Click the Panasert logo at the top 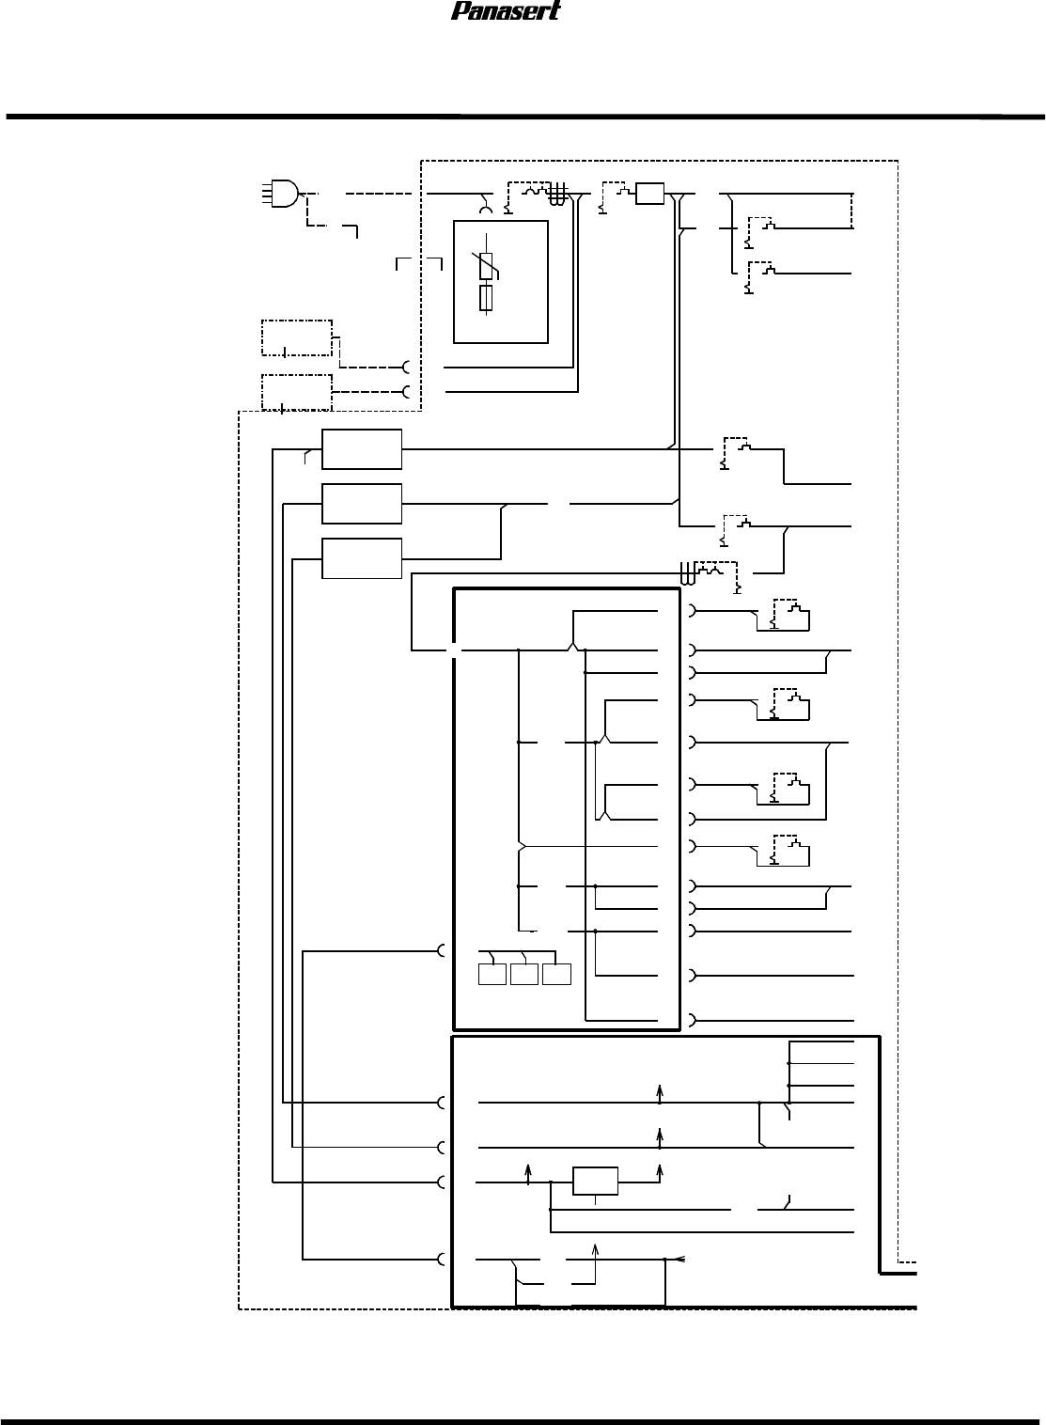coord(506,11)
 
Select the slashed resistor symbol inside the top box coord(487,266)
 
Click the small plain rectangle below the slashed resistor coord(486,299)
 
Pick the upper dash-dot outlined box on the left coord(296,337)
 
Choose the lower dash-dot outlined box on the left coord(296,392)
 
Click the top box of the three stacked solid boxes coord(362,449)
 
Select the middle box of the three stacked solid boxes coord(362,504)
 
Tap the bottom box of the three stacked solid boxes coord(362,558)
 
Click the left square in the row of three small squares coord(492,974)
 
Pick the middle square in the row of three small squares coord(524,974)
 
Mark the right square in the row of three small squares coord(556,974)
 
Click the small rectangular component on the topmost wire coord(650,195)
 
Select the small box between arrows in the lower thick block coord(596,1181)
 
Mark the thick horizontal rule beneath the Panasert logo coord(523,117)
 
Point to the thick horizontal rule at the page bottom coord(523,1420)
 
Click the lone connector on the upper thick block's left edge coord(443,951)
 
